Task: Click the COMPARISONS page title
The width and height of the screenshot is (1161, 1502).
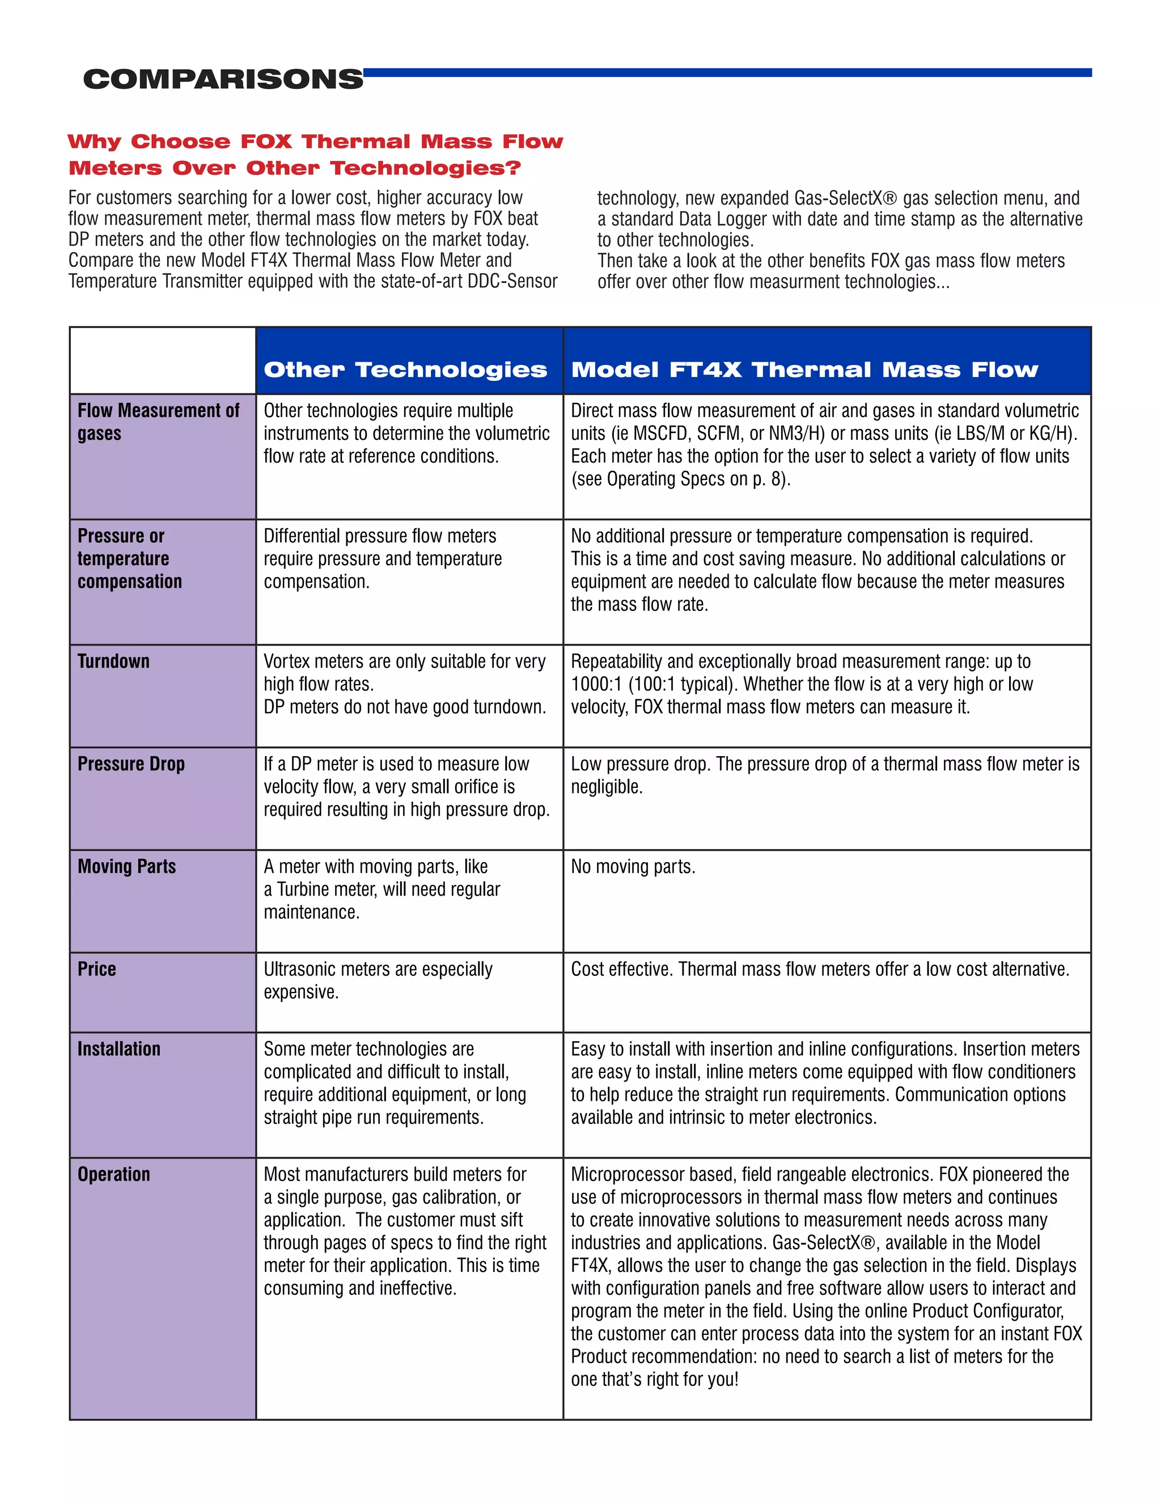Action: [223, 79]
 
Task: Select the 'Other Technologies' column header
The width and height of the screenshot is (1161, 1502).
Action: [405, 370]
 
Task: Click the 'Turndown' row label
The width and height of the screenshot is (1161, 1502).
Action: [113, 661]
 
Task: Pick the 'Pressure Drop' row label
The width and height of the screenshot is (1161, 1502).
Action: [131, 763]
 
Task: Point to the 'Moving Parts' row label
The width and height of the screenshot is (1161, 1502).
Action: [126, 866]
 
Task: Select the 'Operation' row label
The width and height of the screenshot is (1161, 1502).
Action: [113, 1174]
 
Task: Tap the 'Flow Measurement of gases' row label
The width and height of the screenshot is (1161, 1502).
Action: [158, 422]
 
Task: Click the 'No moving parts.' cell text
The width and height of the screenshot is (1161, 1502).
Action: [633, 866]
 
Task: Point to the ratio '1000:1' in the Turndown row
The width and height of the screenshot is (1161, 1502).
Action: [596, 684]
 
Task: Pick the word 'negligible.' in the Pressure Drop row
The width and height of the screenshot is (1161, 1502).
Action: [606, 787]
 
